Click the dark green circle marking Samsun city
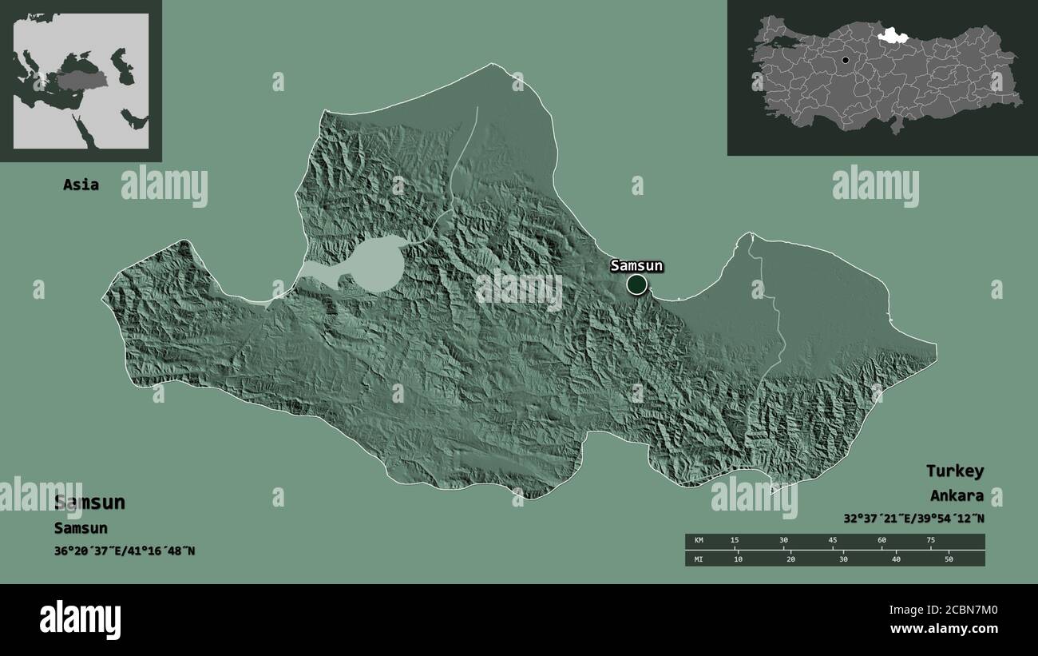[x=636, y=284]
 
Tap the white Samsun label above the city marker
[x=636, y=266]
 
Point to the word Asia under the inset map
[x=81, y=185]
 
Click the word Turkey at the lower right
[x=954, y=471]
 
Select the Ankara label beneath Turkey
[x=956, y=495]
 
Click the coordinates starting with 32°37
[x=913, y=518]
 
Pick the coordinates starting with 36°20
[x=125, y=551]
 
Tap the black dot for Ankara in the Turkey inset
[x=845, y=60]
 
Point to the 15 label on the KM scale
[x=735, y=541]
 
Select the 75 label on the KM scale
[x=930, y=541]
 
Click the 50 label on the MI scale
[x=949, y=559]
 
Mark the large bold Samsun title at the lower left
[x=89, y=503]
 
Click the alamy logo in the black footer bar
[x=81, y=620]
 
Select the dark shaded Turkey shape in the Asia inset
[x=77, y=80]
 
